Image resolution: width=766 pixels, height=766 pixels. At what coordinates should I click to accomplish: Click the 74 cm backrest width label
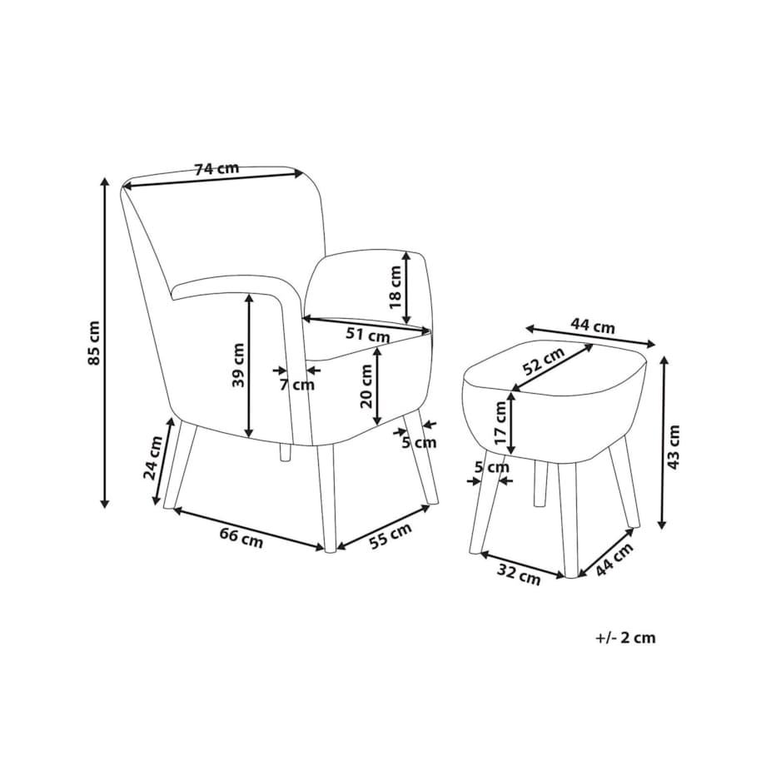(217, 169)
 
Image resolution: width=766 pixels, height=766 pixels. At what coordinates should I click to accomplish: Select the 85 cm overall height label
(93, 343)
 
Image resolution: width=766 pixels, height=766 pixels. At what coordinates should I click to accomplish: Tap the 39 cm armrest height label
(238, 365)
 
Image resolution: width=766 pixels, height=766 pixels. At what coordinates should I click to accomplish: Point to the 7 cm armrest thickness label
(297, 385)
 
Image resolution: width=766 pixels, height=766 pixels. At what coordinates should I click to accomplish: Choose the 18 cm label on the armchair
(395, 286)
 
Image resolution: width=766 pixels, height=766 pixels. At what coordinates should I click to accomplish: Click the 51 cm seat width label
(368, 335)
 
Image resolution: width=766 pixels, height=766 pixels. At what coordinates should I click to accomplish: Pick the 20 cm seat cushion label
(366, 386)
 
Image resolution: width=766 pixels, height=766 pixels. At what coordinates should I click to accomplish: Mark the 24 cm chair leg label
(153, 458)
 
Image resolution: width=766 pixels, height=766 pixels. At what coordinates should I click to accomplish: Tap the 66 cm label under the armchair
(241, 538)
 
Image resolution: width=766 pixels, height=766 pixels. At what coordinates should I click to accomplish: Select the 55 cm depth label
(390, 535)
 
